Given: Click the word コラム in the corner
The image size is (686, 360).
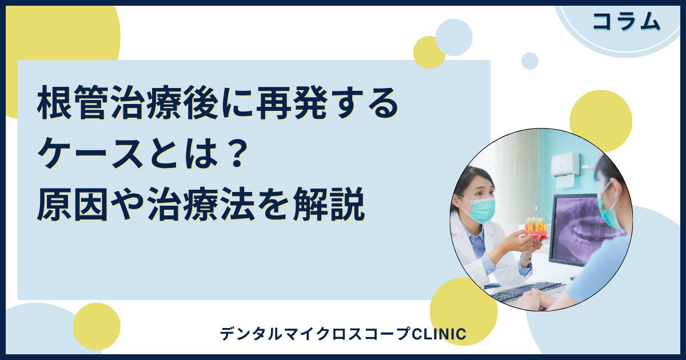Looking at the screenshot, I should tap(627, 22).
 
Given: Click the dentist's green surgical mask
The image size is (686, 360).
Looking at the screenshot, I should tap(481, 209).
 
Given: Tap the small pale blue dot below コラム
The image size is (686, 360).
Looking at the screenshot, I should tap(530, 61).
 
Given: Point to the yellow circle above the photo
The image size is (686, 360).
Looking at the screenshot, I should tap(600, 121).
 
